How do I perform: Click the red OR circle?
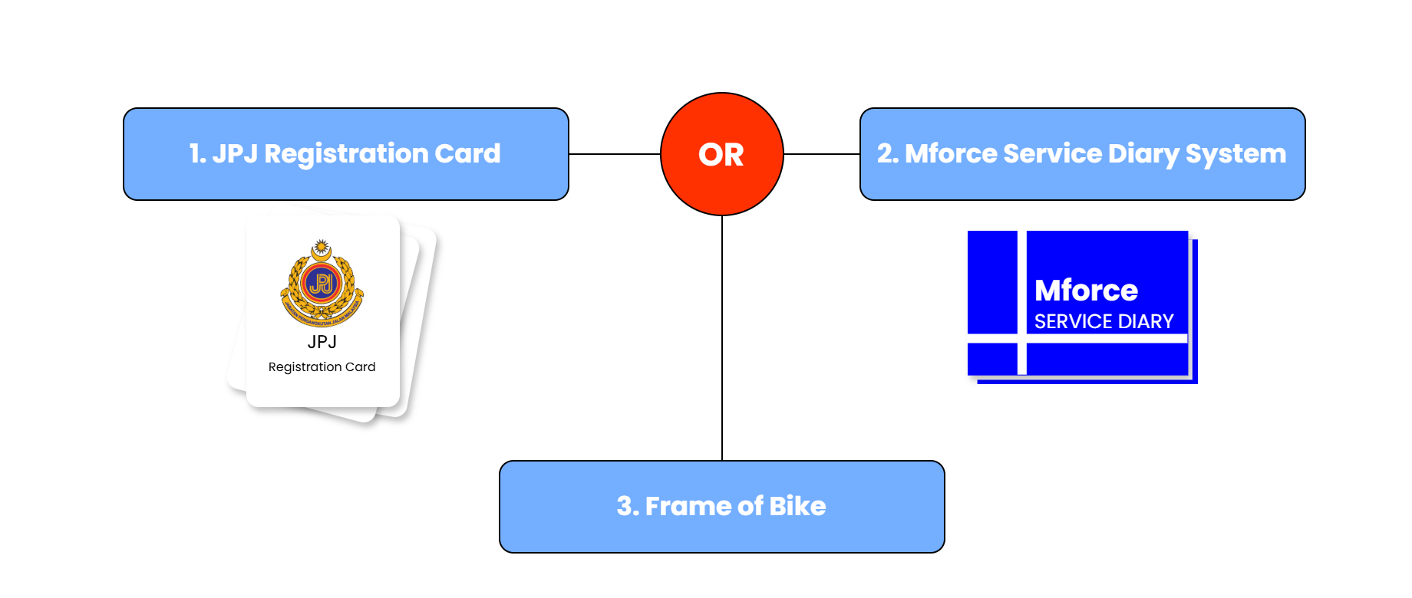pyautogui.click(x=721, y=154)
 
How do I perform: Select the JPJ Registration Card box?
pyautogui.click(x=345, y=154)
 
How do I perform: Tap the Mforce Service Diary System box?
pyautogui.click(x=1082, y=154)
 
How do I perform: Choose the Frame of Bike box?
pyautogui.click(x=721, y=507)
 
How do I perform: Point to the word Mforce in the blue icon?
pyautogui.click(x=1086, y=291)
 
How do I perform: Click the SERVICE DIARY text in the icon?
pyautogui.click(x=1104, y=321)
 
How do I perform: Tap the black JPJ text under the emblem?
pyautogui.click(x=322, y=342)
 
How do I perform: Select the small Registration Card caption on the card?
pyautogui.click(x=322, y=367)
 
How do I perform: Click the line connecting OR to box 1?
pyautogui.click(x=614, y=154)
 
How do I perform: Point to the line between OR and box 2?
pyautogui.click(x=821, y=154)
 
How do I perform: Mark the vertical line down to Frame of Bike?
pyautogui.click(x=722, y=337)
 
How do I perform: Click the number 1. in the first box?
pyautogui.click(x=197, y=154)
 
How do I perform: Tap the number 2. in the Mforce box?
pyautogui.click(x=887, y=154)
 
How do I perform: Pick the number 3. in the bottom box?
pyautogui.click(x=627, y=507)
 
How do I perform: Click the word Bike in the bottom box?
pyautogui.click(x=797, y=507)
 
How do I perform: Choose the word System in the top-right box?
pyautogui.click(x=1235, y=154)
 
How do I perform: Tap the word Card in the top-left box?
pyautogui.click(x=467, y=154)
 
